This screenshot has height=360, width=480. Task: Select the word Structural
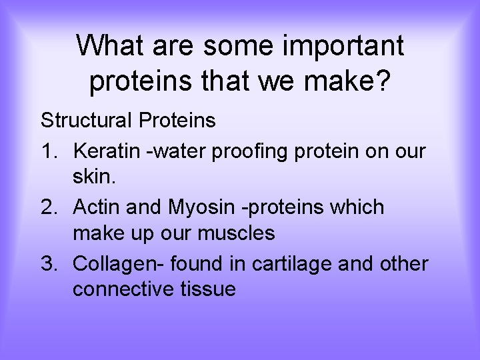coord(87,121)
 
